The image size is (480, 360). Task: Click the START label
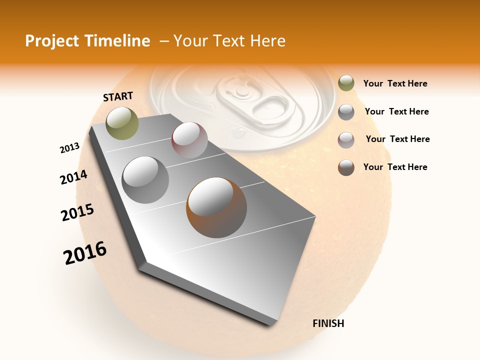click(x=118, y=96)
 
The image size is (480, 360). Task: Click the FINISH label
click(x=328, y=323)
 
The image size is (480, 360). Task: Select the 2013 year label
click(x=69, y=148)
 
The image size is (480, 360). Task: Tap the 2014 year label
click(x=73, y=177)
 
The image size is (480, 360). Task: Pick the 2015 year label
click(x=77, y=212)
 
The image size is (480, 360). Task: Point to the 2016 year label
click(x=85, y=253)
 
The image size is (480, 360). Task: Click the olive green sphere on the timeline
click(x=122, y=123)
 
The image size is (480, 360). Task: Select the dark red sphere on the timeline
click(x=189, y=140)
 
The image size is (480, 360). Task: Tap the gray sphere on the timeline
click(x=145, y=179)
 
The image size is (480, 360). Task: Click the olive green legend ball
click(x=346, y=83)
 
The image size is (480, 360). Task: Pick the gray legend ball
click(x=346, y=112)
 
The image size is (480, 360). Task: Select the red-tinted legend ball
click(x=346, y=140)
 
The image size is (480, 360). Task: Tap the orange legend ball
click(x=346, y=167)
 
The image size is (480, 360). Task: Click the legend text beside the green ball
click(x=395, y=84)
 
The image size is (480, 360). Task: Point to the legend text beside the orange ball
click(x=395, y=167)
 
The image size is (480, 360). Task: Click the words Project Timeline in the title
click(x=87, y=41)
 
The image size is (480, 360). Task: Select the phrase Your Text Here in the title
click(x=229, y=41)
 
